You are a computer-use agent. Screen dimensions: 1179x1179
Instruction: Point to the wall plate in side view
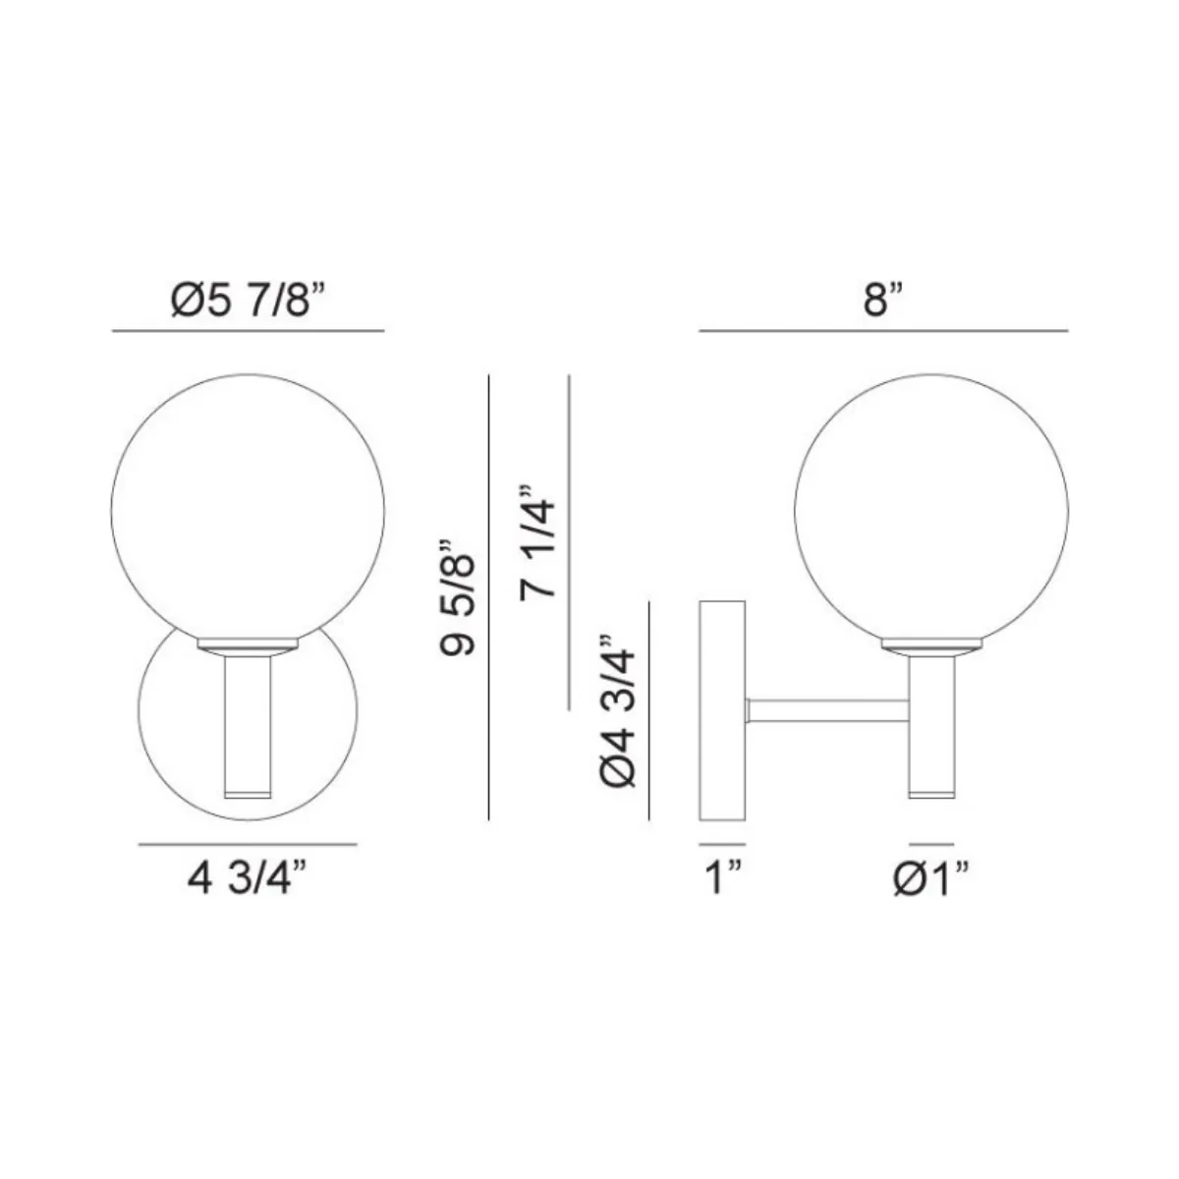[x=721, y=711]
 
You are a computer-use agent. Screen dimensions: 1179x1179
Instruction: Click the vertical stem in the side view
[x=931, y=727]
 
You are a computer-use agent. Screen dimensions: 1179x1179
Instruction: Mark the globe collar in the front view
[x=248, y=646]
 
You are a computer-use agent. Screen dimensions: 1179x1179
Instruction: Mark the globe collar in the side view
[x=931, y=646]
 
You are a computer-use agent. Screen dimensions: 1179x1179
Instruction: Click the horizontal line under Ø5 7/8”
[x=248, y=332]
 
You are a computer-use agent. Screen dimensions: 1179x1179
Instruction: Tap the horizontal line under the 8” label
[x=883, y=332]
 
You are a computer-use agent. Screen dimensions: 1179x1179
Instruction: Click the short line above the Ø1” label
[x=931, y=843]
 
